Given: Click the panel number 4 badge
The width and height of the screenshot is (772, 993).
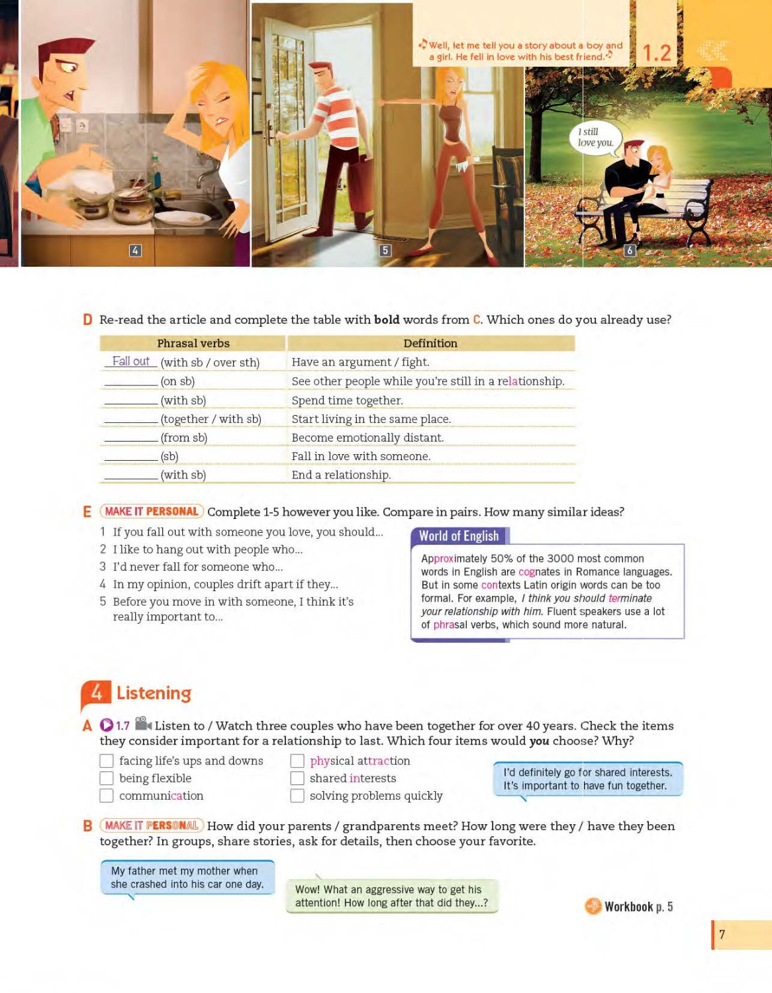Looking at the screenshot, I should pyautogui.click(x=135, y=250).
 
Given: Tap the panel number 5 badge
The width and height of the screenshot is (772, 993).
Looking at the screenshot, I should pyautogui.click(x=385, y=250).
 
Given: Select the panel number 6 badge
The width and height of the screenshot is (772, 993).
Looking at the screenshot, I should pyautogui.click(x=630, y=250).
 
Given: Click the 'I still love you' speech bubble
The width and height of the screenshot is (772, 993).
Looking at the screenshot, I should pyautogui.click(x=595, y=138).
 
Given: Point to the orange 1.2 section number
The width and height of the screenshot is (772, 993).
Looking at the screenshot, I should pyautogui.click(x=657, y=53).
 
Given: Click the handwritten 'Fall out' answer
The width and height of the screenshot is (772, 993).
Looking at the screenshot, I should pyautogui.click(x=130, y=361).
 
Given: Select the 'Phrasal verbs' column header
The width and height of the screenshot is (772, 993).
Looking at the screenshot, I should pyautogui.click(x=193, y=343).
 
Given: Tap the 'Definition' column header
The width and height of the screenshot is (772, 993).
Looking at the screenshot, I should pyautogui.click(x=430, y=343).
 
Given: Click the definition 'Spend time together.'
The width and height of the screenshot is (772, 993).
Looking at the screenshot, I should pyautogui.click(x=347, y=400).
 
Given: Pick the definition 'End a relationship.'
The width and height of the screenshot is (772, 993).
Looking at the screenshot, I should pyautogui.click(x=341, y=475).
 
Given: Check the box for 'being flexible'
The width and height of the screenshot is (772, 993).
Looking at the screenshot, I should pyautogui.click(x=107, y=779).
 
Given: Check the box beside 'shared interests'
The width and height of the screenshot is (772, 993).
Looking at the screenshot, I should pyautogui.click(x=297, y=779).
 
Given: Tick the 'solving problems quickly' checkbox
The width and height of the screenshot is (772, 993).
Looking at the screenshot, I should pyautogui.click(x=297, y=796).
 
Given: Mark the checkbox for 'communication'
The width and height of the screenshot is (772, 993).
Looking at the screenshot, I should pyautogui.click(x=107, y=796).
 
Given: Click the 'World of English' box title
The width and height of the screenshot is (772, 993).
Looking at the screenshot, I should pyautogui.click(x=459, y=536).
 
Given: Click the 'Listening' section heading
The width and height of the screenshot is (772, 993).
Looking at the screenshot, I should pyautogui.click(x=154, y=692).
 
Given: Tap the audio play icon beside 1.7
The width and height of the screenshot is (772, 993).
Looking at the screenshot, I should pyautogui.click(x=107, y=726).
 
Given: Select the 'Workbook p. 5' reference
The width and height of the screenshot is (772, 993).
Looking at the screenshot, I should pyautogui.click(x=638, y=906).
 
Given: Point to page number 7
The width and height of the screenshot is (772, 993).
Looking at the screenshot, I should pyautogui.click(x=722, y=934).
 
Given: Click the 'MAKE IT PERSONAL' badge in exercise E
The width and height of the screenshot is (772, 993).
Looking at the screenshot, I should pyautogui.click(x=152, y=511).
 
